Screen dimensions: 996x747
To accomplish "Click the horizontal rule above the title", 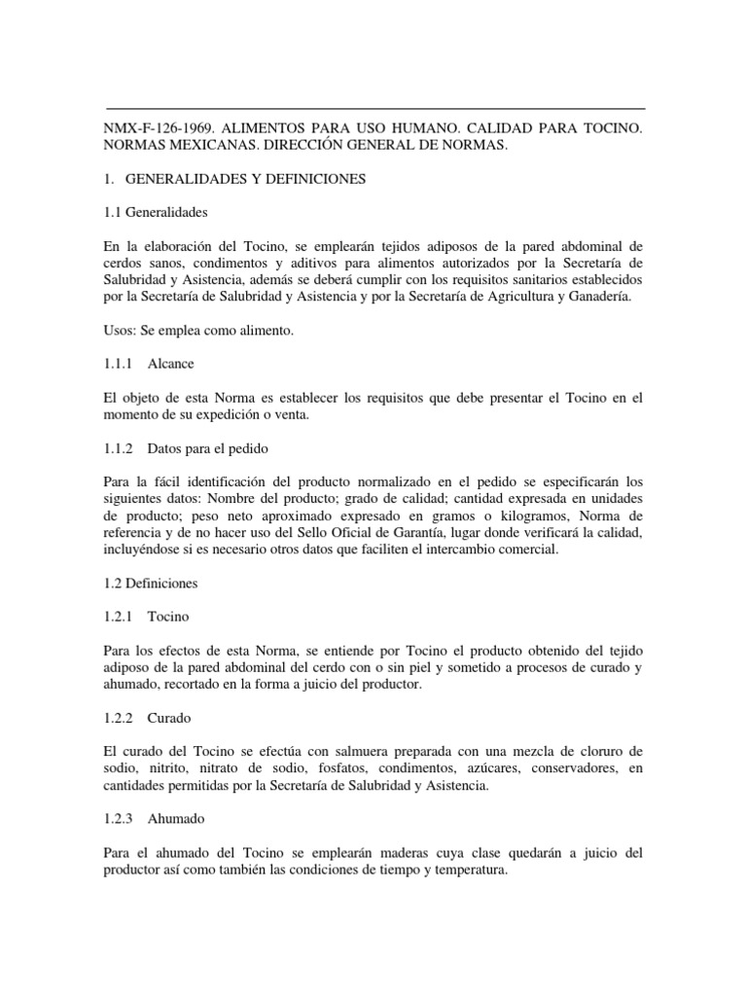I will (374, 108).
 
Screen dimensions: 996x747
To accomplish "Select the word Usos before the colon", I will (121, 331).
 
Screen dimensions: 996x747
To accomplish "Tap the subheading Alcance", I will (170, 364).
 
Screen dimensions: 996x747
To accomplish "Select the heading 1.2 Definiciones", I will (150, 584).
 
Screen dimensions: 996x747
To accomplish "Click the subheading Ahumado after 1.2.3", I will (176, 820).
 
